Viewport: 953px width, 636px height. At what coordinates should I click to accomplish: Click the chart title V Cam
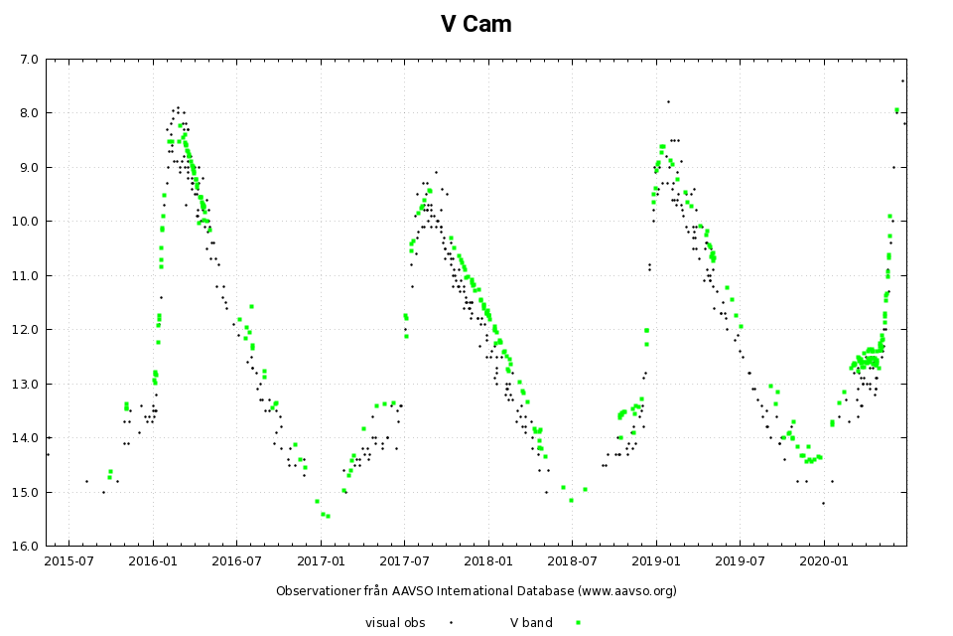click(x=476, y=24)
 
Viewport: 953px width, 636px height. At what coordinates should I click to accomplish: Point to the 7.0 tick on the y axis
click(x=29, y=59)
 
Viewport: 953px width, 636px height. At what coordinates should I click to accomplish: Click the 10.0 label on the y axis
click(x=26, y=221)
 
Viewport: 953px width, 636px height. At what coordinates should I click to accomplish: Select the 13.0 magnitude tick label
click(x=26, y=384)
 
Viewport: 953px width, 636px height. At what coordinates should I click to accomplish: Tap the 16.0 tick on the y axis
click(x=26, y=546)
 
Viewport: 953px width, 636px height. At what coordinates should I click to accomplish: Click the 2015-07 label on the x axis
click(x=69, y=560)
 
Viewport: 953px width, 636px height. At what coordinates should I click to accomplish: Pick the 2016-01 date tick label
click(x=153, y=560)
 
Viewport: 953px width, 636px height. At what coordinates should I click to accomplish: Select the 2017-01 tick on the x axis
click(x=321, y=560)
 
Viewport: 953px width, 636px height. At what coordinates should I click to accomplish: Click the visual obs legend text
click(x=395, y=623)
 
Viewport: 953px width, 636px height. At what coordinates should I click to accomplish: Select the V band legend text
click(x=531, y=623)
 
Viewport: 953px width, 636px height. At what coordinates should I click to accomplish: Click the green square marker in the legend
click(x=578, y=623)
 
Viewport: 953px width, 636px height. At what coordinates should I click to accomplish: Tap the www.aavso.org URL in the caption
click(x=626, y=591)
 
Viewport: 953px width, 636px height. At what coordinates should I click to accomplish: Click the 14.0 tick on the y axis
click(x=26, y=437)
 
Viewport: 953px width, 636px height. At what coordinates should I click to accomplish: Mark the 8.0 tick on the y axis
click(x=29, y=112)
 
